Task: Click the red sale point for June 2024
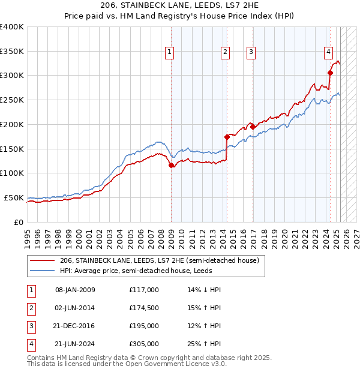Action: click(x=330, y=73)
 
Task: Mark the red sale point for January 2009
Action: click(x=171, y=165)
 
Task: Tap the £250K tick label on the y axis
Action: click(x=12, y=100)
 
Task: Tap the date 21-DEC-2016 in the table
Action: click(x=75, y=326)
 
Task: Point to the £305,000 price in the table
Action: click(x=143, y=344)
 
